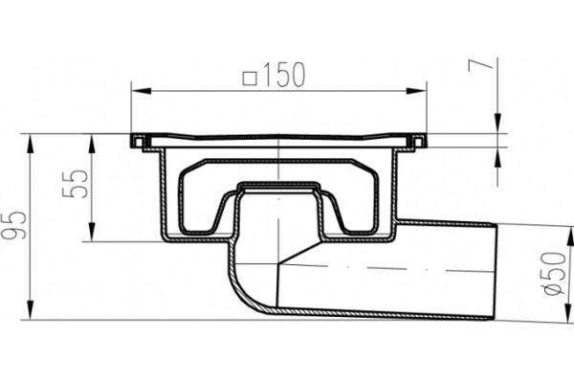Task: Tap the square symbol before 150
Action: pyautogui.click(x=250, y=79)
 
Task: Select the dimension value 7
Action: pyautogui.click(x=480, y=65)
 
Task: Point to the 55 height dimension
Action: pyautogui.click(x=75, y=183)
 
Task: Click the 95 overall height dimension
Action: pyautogui.click(x=14, y=225)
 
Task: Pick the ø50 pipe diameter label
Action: pyautogui.click(x=555, y=274)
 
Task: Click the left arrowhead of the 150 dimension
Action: pyautogui.click(x=141, y=91)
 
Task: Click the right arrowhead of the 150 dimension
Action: pyautogui.click(x=416, y=91)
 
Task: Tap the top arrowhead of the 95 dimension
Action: pyautogui.click(x=31, y=144)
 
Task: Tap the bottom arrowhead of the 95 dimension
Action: pyautogui.click(x=31, y=310)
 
